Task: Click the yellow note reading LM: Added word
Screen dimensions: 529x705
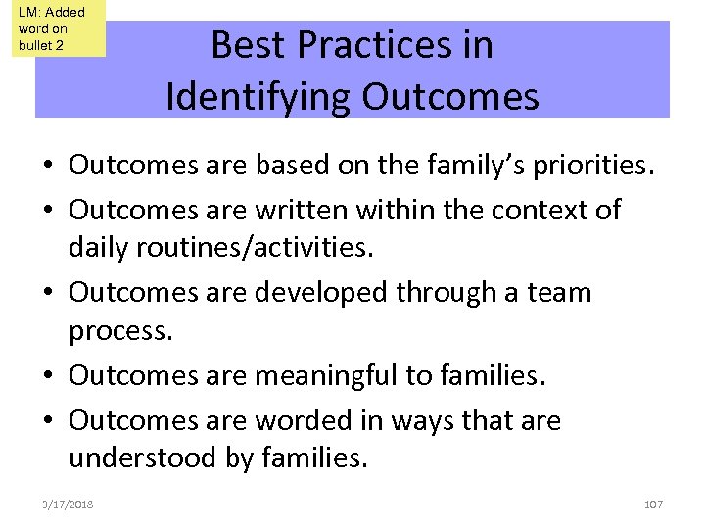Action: [x=59, y=29]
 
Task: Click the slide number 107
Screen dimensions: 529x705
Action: [x=653, y=504]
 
